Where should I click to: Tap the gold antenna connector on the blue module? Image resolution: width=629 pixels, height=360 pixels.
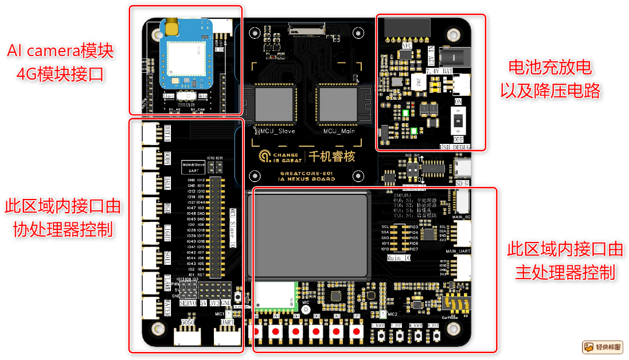170,26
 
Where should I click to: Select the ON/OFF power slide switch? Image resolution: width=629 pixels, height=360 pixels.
459,122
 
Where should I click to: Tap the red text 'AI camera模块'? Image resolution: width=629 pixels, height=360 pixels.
60,52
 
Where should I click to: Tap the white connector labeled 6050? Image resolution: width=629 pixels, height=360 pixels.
187,336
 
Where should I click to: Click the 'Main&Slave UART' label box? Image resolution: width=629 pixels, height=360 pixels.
193,167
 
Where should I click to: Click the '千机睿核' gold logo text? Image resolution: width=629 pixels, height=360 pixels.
333,156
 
